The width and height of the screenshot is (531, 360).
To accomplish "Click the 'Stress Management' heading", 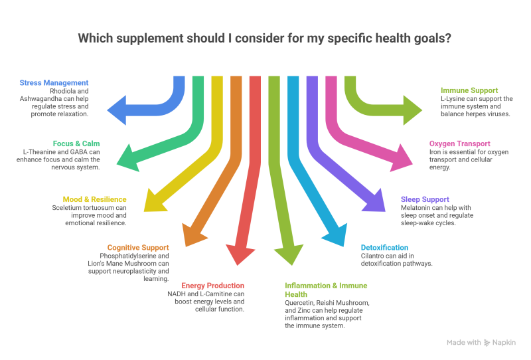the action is click(x=54, y=83).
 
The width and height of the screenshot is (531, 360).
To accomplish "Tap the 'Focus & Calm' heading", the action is click(x=76, y=143).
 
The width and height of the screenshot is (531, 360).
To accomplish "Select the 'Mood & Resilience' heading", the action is click(x=94, y=199).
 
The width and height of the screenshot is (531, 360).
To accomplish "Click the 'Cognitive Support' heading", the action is click(x=138, y=248).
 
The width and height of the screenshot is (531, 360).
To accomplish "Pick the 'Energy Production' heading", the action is click(x=212, y=286).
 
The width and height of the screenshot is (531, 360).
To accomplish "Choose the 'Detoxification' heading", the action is click(x=384, y=248).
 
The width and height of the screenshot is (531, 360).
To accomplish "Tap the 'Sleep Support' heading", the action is click(x=425, y=199).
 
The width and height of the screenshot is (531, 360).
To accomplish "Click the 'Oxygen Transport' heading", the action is click(x=459, y=143).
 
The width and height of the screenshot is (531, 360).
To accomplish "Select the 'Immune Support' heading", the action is click(x=469, y=90).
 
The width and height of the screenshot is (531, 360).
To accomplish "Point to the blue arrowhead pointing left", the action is click(x=117, y=110).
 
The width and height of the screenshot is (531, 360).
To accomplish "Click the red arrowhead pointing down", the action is click(x=240, y=255).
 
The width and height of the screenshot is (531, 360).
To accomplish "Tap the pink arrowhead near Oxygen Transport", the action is click(x=402, y=159).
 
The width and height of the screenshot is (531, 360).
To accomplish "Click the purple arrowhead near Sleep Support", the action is click(x=375, y=202).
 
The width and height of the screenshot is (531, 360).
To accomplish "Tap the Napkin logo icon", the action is click(x=487, y=343).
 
